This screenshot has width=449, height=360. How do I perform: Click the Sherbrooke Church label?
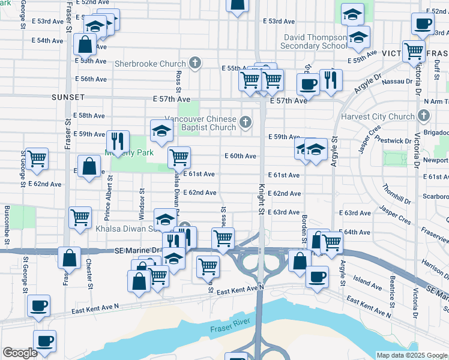(150, 63)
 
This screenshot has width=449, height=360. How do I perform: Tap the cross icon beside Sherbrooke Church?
(194, 62)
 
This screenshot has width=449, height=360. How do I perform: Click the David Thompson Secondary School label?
(316, 41)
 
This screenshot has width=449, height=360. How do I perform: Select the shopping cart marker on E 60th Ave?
(179, 157)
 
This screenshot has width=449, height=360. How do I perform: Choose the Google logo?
(20, 353)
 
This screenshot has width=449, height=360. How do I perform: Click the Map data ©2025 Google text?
(412, 355)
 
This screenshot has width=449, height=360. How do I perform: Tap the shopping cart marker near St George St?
(37, 158)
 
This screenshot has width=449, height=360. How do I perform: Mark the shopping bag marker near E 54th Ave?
(85, 44)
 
